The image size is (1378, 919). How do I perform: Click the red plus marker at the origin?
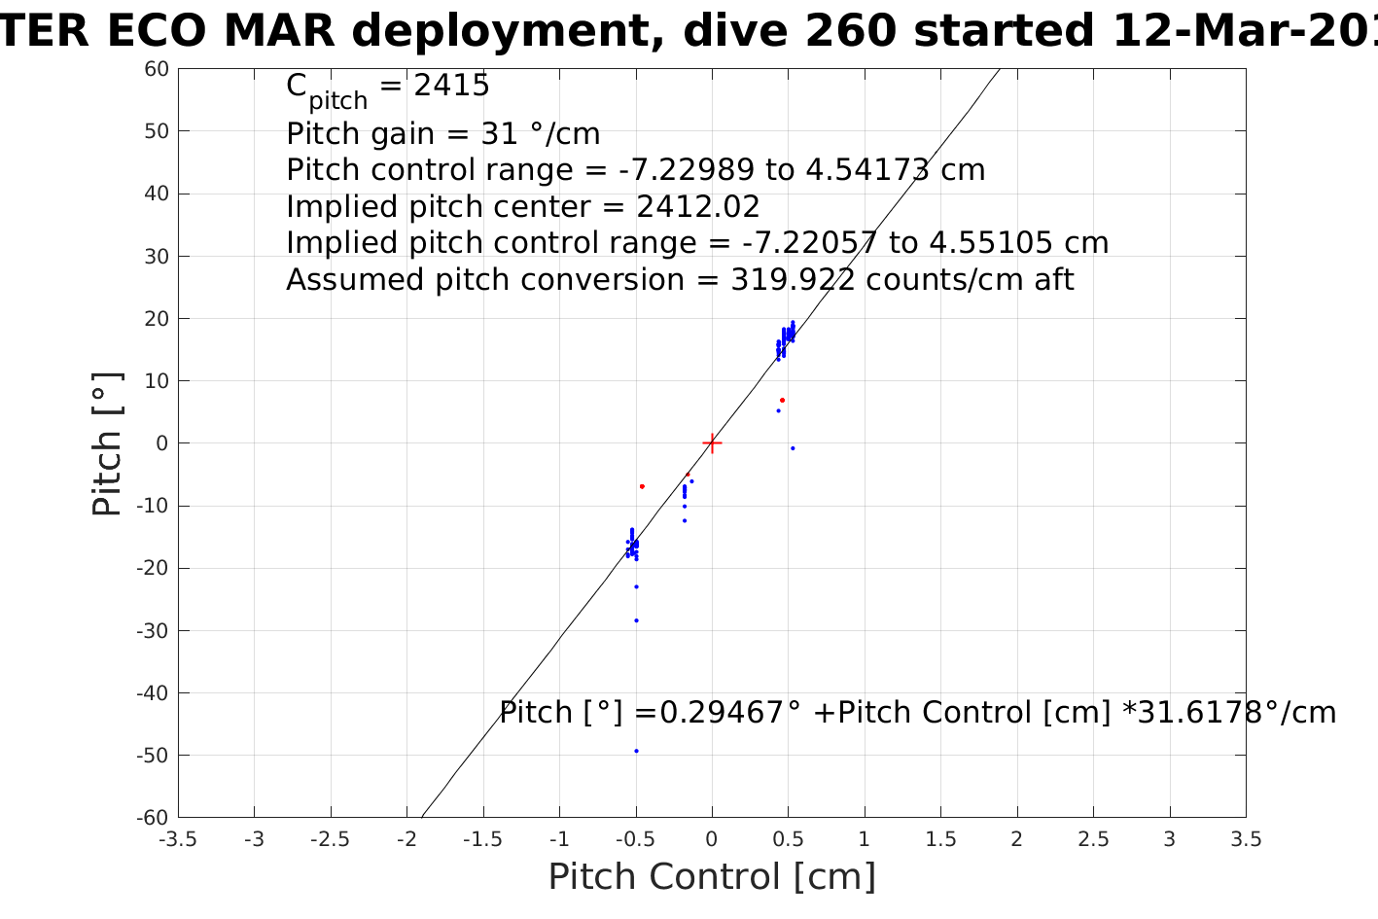coord(712,443)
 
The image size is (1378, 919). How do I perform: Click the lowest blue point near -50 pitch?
coord(636,751)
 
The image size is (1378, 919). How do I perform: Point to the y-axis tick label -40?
coord(153,693)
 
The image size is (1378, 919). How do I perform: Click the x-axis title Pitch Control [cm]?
coord(712,877)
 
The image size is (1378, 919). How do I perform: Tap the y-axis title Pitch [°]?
coord(107,443)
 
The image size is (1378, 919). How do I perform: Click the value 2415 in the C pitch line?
coord(451,87)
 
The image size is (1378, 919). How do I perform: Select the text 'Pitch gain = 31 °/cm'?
coord(442,133)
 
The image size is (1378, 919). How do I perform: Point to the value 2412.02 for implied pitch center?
coord(697,207)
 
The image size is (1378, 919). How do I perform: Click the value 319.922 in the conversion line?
coord(794,280)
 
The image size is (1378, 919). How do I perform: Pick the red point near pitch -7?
coord(642,486)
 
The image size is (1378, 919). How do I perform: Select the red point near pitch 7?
coord(782,400)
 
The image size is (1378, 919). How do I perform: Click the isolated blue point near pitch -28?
coord(636,620)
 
